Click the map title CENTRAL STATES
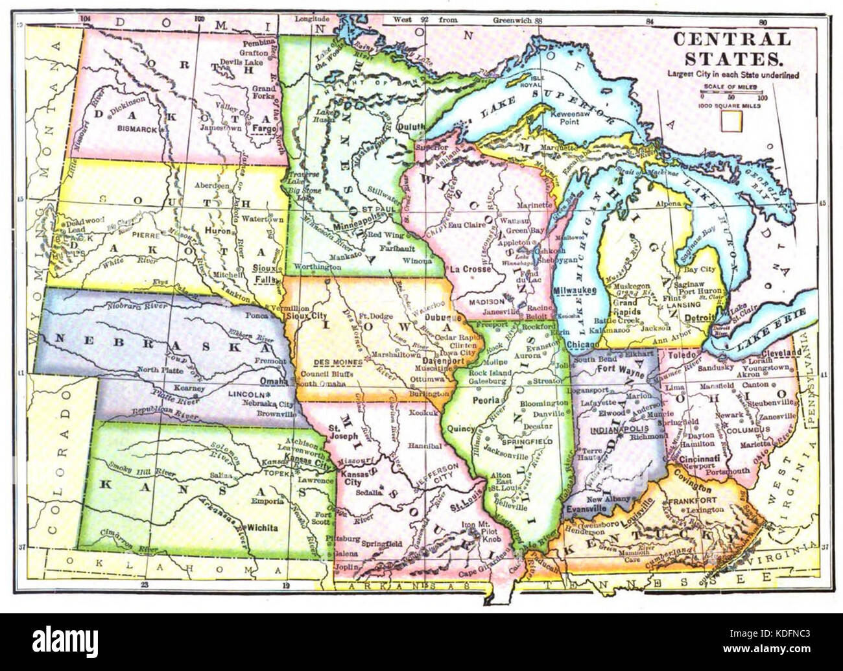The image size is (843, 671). click(731, 49)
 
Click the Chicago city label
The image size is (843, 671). click(581, 344)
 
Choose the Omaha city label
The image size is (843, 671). click(273, 381)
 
